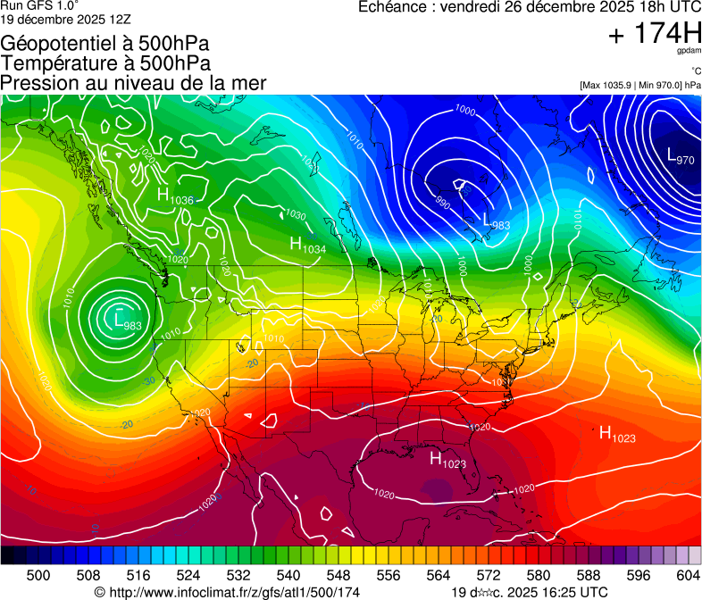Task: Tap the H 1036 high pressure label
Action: click(x=175, y=196)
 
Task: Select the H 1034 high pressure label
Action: click(x=307, y=245)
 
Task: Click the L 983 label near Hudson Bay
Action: click(x=496, y=221)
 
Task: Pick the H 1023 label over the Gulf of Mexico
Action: click(x=447, y=460)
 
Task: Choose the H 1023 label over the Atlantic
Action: click(x=616, y=435)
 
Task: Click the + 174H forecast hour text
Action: click(x=654, y=33)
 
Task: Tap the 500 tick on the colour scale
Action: click(x=38, y=575)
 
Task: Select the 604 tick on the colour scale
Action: click(x=689, y=575)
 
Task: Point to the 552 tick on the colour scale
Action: click(x=364, y=575)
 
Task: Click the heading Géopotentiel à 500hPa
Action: click(x=105, y=43)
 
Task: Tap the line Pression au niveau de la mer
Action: click(x=134, y=83)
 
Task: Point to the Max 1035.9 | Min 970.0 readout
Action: click(x=640, y=85)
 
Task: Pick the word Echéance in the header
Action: click(x=390, y=7)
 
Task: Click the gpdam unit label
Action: click(x=688, y=53)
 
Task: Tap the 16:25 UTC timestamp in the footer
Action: click(x=565, y=592)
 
